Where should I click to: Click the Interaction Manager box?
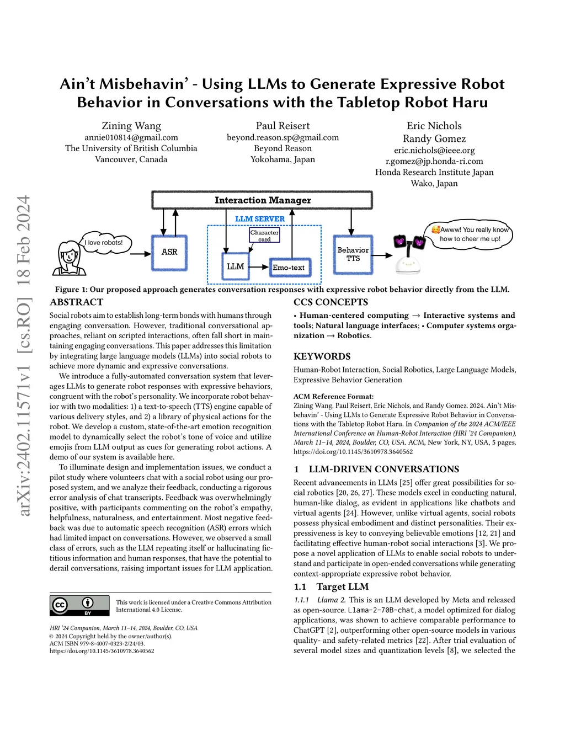click(x=262, y=200)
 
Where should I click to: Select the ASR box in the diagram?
click(x=169, y=252)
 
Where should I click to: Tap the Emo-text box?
click(x=289, y=268)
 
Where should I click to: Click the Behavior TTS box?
click(x=353, y=254)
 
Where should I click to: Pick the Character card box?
click(x=264, y=236)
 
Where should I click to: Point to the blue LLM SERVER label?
click(x=260, y=219)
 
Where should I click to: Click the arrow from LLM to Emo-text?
click(x=259, y=267)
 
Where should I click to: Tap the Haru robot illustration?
click(x=409, y=255)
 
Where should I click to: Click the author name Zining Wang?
click(x=131, y=126)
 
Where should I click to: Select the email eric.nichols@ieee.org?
click(x=434, y=150)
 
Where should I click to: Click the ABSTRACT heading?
click(x=77, y=302)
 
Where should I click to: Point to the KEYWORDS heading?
click(x=322, y=356)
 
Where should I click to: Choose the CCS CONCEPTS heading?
click(x=331, y=302)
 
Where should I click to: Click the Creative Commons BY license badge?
click(x=79, y=605)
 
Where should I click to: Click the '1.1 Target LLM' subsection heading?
click(x=331, y=587)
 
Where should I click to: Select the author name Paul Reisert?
click(x=282, y=126)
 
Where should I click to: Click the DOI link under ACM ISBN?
click(x=102, y=651)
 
